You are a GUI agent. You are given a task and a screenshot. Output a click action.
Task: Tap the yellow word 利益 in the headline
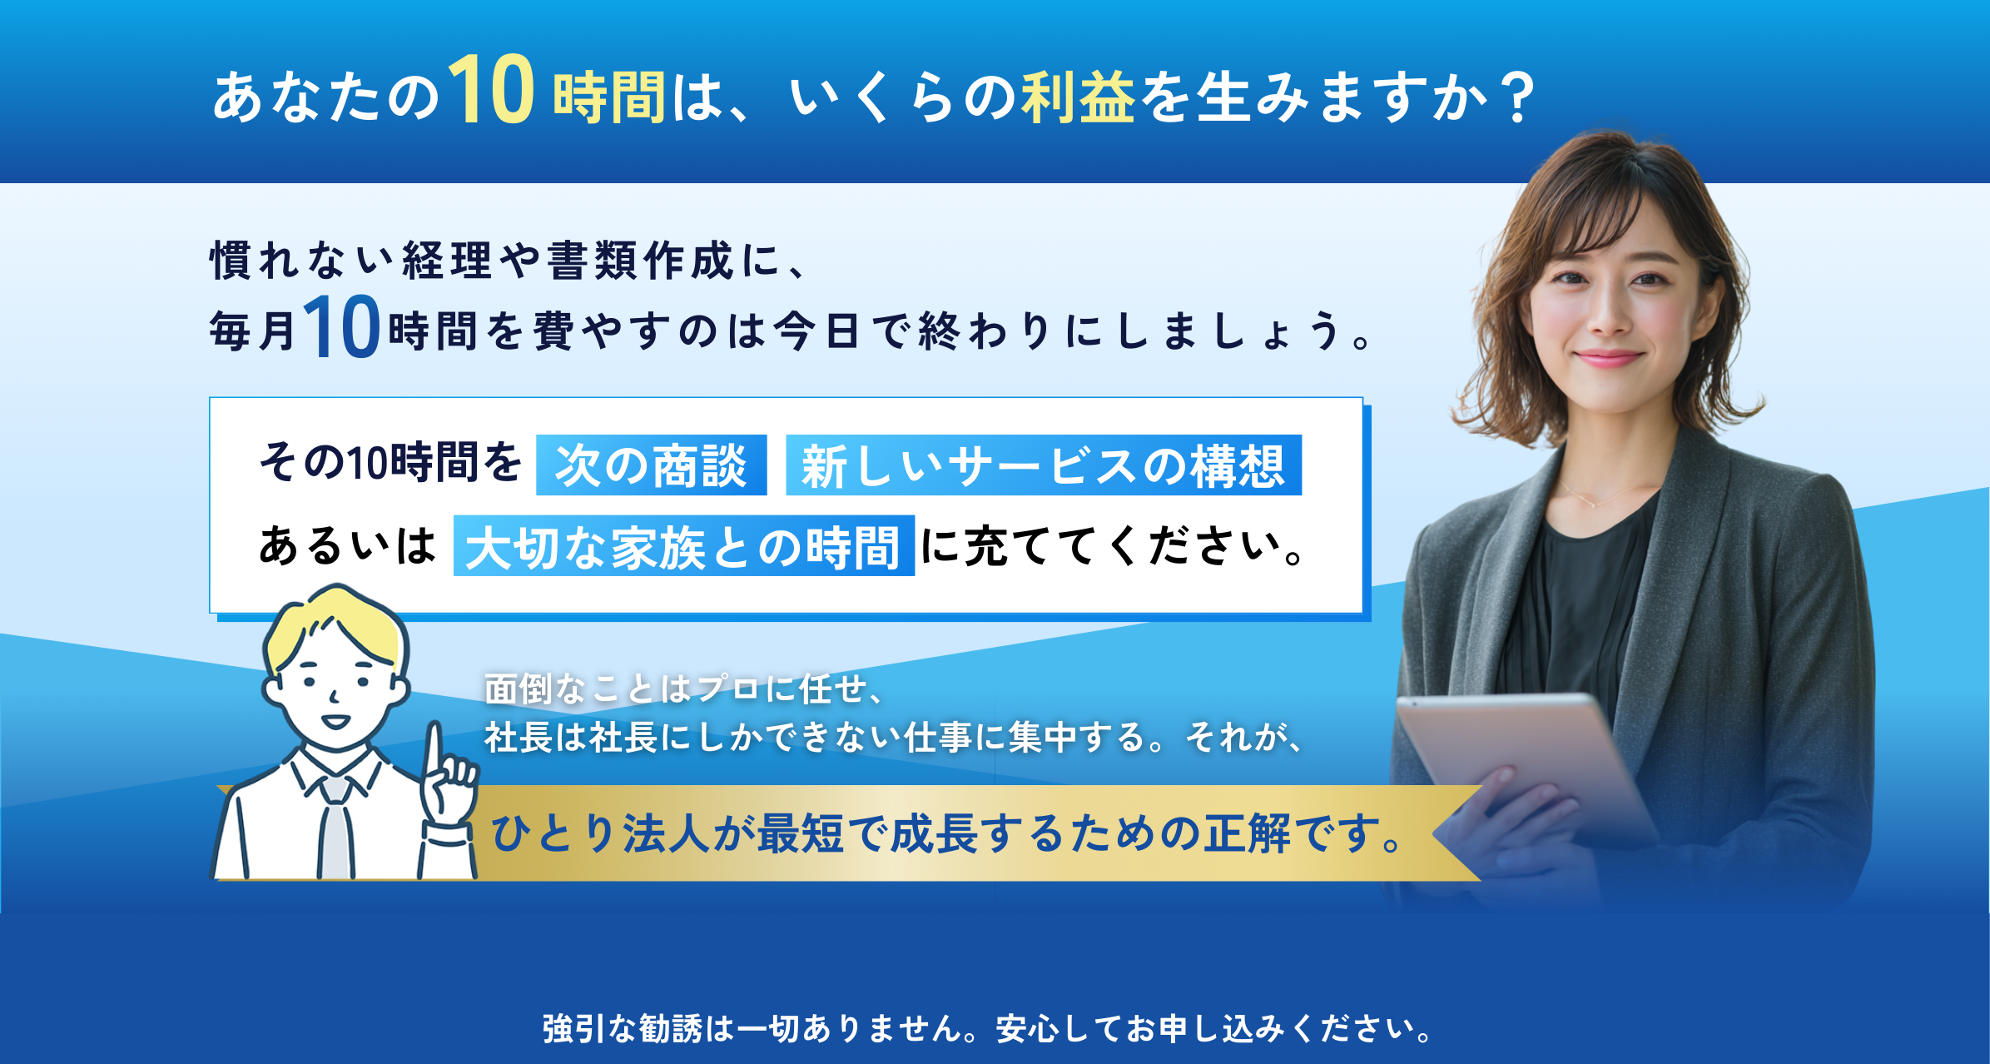point(1078,97)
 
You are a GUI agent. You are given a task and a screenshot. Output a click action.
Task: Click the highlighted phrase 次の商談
point(651,465)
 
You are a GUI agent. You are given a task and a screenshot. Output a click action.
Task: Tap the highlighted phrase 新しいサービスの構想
point(1043,465)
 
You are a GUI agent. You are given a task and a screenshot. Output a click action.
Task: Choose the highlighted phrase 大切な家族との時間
point(683,546)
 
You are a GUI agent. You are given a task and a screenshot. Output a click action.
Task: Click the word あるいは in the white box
point(347,546)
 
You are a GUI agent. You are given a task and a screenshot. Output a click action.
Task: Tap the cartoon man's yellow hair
point(337,620)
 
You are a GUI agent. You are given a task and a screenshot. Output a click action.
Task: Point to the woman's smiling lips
point(1608,359)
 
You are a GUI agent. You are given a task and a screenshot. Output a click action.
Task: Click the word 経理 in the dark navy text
point(448,261)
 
